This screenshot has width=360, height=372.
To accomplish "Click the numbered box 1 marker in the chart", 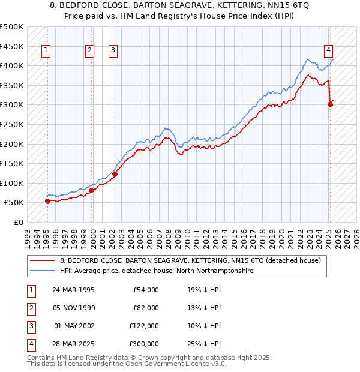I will [x=46, y=51].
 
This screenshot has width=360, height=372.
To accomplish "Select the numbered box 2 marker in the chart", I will [x=89, y=51].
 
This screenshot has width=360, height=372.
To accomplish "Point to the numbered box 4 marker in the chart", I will [x=329, y=51].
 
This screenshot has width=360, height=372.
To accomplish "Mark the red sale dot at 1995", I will [x=47, y=201].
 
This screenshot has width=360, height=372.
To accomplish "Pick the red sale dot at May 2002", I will [x=115, y=175].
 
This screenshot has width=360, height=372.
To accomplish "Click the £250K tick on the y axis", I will [x=12, y=124].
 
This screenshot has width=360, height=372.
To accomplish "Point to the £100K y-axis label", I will [x=12, y=183].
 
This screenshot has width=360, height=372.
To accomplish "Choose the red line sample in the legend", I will [x=43, y=260].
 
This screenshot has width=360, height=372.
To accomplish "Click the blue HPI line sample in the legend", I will [x=43, y=271].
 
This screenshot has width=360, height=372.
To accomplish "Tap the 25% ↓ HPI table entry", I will [x=203, y=344].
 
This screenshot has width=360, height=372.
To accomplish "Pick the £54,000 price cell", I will [x=146, y=290].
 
